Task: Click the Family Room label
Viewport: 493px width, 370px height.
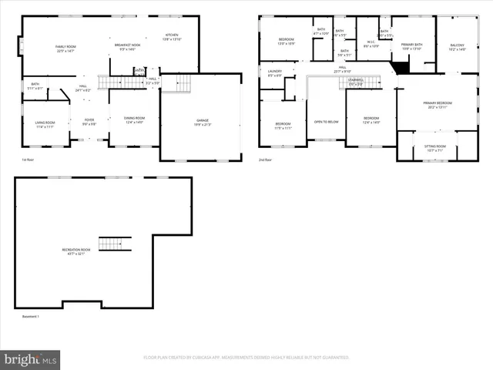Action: click(x=65, y=49)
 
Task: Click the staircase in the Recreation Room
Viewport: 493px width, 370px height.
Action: click(x=110, y=244)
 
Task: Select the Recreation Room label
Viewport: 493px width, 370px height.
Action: click(x=76, y=251)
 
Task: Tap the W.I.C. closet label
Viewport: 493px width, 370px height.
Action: click(x=371, y=45)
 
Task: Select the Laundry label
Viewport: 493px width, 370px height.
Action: click(x=275, y=73)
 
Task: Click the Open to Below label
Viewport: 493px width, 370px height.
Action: click(x=327, y=122)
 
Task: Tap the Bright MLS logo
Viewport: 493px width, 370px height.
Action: click(x=31, y=359)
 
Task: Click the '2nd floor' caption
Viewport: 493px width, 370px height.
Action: click(x=267, y=160)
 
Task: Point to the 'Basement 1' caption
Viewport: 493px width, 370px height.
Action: click(x=30, y=316)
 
